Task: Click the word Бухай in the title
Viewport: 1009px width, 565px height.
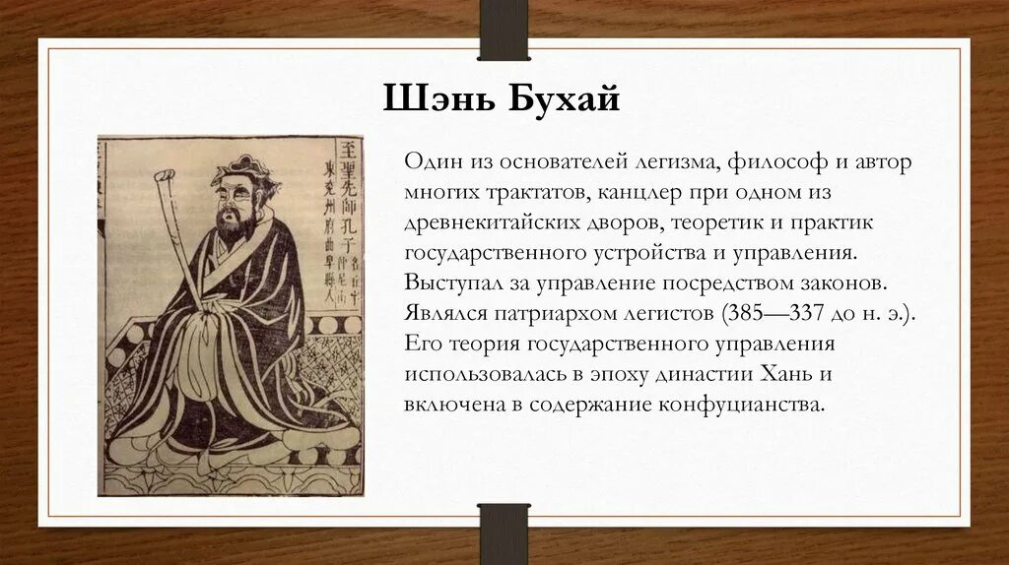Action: pos(565,99)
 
